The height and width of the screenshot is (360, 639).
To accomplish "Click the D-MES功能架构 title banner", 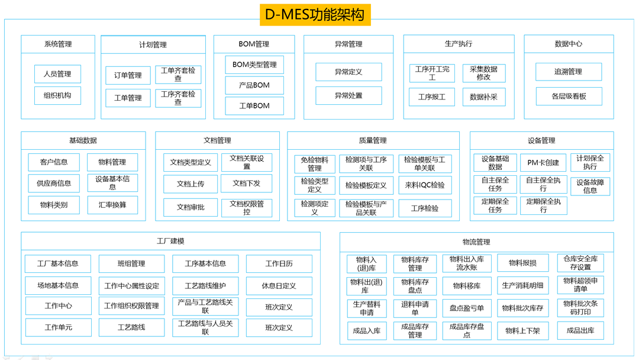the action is pos(315,15).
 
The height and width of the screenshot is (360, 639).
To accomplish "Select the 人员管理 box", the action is pos(57,74).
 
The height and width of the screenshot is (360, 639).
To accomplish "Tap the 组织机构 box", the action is pos(57,95).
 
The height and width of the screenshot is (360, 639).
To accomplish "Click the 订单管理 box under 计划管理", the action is pos(128,75).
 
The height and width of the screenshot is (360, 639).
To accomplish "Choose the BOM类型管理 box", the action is pos(254,65).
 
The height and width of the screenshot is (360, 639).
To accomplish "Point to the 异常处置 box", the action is pos(348,95).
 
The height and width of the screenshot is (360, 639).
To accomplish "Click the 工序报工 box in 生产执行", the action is pos(432,97).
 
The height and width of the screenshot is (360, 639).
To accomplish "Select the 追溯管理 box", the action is pos(569,72).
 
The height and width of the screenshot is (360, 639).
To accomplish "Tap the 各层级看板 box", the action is pos(569,97).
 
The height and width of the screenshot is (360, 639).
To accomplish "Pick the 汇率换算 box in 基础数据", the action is pos(112,205).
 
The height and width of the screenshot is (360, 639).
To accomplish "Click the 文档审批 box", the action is pos(191,207).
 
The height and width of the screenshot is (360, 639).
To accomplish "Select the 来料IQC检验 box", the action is pos(425,185).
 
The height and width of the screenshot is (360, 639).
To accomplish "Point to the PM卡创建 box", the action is pos(543,163).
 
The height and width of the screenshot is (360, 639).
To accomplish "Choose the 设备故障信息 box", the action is pos(590,187).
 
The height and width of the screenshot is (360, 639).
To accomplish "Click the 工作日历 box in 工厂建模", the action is pos(279,263).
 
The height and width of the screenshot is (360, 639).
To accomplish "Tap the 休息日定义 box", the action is pos(279,286).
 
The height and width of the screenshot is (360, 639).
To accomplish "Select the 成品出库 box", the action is pos(580,330).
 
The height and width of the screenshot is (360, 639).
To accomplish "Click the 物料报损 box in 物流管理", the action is pos(522,263).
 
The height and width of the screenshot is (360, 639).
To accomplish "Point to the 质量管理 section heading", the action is pos(373,141).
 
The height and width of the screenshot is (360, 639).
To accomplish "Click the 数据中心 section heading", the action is pos(569,44).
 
